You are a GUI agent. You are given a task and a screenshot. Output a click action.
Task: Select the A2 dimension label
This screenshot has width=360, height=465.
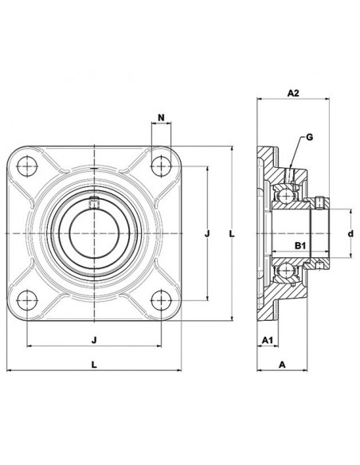click(292, 93)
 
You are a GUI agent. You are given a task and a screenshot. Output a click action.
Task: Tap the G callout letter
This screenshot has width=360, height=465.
click(308, 137)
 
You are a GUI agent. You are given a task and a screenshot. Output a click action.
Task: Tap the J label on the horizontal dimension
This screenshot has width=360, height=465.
click(95, 340)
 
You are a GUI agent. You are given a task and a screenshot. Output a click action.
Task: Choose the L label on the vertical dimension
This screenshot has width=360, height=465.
click(230, 233)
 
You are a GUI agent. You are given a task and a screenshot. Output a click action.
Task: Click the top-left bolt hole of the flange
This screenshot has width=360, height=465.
click(28, 166)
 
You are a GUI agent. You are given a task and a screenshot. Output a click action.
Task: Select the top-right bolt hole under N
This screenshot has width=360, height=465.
click(162, 166)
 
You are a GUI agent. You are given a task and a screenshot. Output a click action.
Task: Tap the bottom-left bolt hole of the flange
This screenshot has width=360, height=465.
click(28, 300)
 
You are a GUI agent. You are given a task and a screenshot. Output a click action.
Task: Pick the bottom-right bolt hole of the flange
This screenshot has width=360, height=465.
click(162, 300)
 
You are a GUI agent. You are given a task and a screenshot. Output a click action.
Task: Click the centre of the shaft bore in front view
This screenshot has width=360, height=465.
click(95, 233)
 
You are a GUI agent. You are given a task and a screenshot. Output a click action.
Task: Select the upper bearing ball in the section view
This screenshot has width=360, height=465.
click(283, 193)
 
